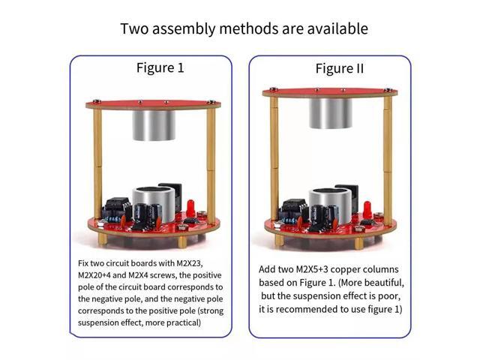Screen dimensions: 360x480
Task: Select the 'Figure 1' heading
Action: click(160, 67)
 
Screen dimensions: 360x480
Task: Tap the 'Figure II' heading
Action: click(339, 68)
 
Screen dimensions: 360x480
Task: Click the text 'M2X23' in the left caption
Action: click(188, 265)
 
